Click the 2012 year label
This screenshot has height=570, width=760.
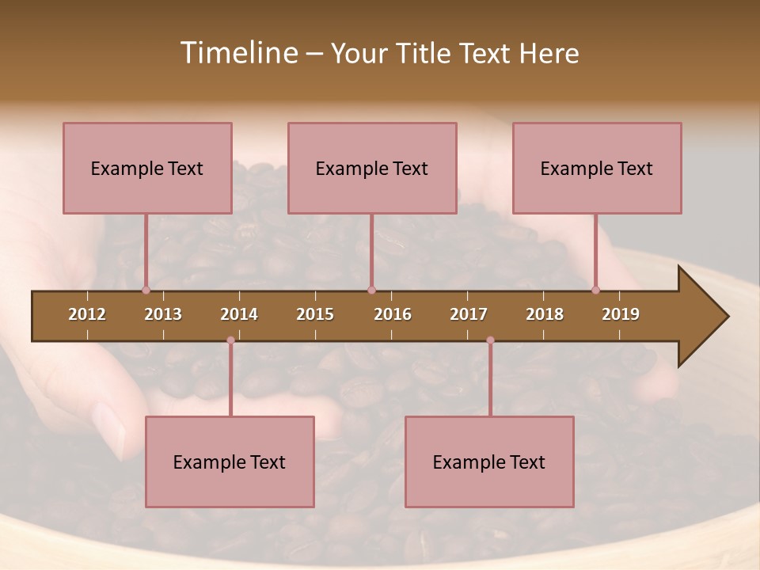click(87, 314)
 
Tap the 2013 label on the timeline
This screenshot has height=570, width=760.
click(163, 314)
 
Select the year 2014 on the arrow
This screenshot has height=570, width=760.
click(239, 314)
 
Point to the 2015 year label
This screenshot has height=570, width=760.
click(315, 314)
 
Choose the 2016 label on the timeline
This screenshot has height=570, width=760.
click(393, 314)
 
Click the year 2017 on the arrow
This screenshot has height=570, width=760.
click(469, 314)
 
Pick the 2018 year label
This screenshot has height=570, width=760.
click(545, 314)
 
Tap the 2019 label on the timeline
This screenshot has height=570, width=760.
click(621, 314)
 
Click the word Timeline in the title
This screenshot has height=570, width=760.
click(238, 53)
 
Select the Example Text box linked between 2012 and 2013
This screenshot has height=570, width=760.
click(147, 168)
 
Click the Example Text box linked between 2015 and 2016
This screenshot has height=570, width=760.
click(372, 168)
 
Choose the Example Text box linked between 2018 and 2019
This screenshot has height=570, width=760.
click(597, 168)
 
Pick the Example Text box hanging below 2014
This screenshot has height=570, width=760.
click(230, 462)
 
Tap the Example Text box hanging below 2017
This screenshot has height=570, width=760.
click(489, 462)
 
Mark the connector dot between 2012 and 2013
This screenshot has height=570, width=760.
click(146, 290)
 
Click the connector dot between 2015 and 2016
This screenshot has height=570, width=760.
click(371, 290)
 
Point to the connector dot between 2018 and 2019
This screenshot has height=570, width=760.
click(595, 290)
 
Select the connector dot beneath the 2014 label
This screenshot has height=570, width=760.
click(230, 340)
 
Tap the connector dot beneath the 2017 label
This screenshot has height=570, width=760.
click(490, 340)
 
